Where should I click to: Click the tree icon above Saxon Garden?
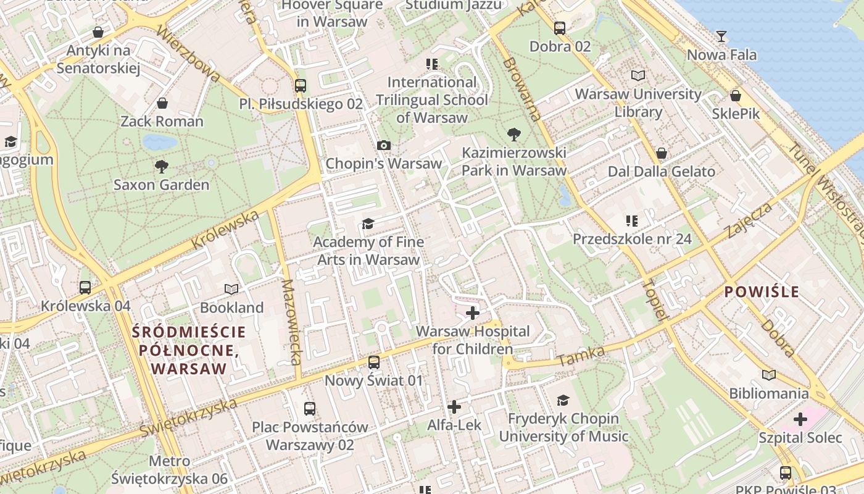(x=162, y=166)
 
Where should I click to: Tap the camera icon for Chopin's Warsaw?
(x=383, y=145)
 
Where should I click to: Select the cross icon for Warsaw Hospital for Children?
(x=473, y=313)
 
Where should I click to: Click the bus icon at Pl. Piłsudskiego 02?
(x=301, y=86)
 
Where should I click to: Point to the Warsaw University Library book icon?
(x=638, y=75)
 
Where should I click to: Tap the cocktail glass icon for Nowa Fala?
(x=721, y=36)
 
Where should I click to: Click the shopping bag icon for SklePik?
(x=736, y=96)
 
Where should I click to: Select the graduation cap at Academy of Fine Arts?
(x=368, y=224)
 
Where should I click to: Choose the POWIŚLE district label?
(x=762, y=292)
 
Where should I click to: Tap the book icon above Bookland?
(x=231, y=289)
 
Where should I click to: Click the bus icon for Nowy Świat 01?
(x=374, y=362)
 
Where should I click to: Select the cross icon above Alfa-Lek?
(x=454, y=407)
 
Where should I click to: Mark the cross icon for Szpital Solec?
(x=800, y=420)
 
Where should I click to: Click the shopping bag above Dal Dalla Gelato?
(x=662, y=153)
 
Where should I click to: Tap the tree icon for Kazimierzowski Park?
(x=513, y=134)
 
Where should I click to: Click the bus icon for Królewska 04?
(x=85, y=287)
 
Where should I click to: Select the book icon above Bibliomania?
(x=768, y=375)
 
